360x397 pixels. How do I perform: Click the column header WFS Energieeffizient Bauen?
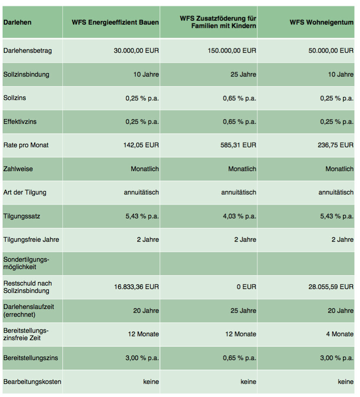115,22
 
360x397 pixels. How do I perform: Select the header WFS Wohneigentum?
321,22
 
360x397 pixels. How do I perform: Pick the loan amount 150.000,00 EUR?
232,51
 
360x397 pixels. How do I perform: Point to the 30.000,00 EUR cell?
136,51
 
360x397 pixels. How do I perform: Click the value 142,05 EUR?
141,145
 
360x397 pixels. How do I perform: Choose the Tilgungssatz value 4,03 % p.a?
240,216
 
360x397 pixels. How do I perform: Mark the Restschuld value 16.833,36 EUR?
136,287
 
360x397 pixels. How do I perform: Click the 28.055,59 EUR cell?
331,287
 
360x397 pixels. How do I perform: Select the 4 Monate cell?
339,334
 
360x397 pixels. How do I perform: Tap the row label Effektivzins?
20,122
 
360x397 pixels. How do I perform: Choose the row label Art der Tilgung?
25,192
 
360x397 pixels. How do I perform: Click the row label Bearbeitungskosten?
32,382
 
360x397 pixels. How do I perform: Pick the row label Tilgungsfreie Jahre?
31,240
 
